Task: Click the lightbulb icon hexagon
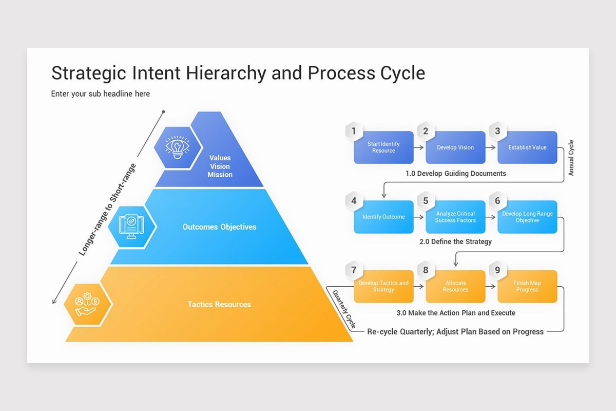click(178, 147)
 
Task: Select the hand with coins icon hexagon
click(88, 304)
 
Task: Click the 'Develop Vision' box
click(455, 147)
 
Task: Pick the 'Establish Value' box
click(527, 147)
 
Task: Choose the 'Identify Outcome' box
click(383, 217)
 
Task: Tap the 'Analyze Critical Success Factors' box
click(455, 217)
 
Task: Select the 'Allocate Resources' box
click(455, 287)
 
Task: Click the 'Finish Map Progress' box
click(527, 287)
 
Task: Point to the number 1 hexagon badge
click(354, 132)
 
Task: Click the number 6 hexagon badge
click(497, 201)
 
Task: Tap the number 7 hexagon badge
click(354, 270)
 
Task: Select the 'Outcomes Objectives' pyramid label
click(219, 227)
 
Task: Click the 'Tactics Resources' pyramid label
click(219, 304)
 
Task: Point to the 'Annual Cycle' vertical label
click(571, 158)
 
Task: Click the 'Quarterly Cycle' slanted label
click(344, 310)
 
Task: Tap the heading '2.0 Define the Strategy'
click(455, 241)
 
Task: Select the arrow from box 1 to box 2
click(419, 147)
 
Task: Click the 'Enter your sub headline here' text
click(101, 94)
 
